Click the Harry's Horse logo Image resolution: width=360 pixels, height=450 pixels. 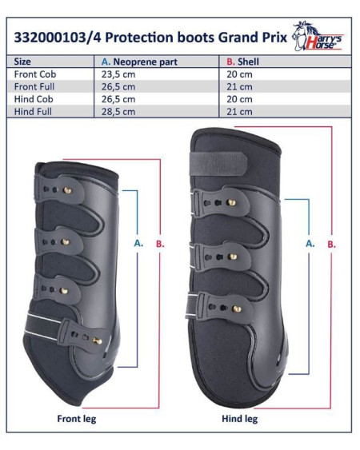(318, 36)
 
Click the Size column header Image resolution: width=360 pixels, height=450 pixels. (22, 62)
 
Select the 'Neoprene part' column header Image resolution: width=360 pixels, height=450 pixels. (140, 62)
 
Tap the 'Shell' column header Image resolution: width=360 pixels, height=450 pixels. (242, 62)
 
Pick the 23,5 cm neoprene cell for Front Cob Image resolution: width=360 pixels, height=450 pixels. (118, 74)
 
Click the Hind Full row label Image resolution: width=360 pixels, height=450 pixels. (33, 112)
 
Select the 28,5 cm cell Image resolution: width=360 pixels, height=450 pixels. (118, 112)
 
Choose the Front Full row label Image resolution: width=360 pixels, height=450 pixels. (34, 86)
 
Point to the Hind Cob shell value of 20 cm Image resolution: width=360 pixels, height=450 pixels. (240, 99)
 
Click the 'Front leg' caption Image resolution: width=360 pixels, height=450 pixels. (77, 419)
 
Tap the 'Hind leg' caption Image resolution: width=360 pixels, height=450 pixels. (240, 419)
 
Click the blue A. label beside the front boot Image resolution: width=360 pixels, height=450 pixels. (138, 243)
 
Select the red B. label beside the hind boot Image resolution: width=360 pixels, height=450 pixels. (331, 245)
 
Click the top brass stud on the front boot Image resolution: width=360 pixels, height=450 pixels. (67, 190)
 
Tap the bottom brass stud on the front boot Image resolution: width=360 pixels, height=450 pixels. (97, 341)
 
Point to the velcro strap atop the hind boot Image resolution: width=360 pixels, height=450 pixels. (218, 164)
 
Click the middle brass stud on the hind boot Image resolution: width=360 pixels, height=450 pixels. (232, 257)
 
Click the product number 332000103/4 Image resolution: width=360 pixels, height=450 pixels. (58, 38)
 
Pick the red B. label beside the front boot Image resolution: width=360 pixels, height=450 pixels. (160, 244)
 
